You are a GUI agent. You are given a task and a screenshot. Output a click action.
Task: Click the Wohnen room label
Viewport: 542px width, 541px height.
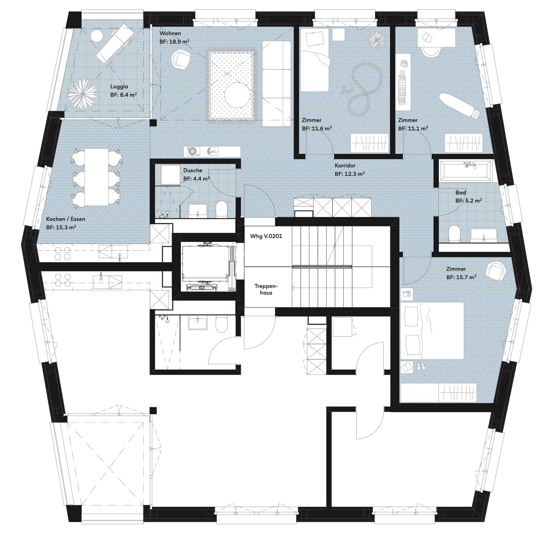[170, 33]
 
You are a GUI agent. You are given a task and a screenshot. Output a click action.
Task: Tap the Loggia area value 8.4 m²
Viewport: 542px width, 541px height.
[128, 95]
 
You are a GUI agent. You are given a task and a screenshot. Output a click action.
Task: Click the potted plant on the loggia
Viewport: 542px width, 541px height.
[83, 93]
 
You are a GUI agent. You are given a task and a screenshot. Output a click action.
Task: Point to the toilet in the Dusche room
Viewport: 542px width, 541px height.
[222, 209]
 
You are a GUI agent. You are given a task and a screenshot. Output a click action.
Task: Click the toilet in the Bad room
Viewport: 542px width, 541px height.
[454, 234]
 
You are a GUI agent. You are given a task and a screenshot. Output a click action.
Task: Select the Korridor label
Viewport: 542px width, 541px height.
[345, 166]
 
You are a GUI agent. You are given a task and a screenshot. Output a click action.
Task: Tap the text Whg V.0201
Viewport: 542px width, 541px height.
[266, 236]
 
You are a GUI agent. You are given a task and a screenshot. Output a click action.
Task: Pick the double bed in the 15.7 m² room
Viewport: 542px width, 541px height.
[432, 331]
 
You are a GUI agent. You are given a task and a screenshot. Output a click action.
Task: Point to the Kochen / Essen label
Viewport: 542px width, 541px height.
[66, 219]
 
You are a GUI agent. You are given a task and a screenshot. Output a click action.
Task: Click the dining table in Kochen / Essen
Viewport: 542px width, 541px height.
[96, 177]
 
